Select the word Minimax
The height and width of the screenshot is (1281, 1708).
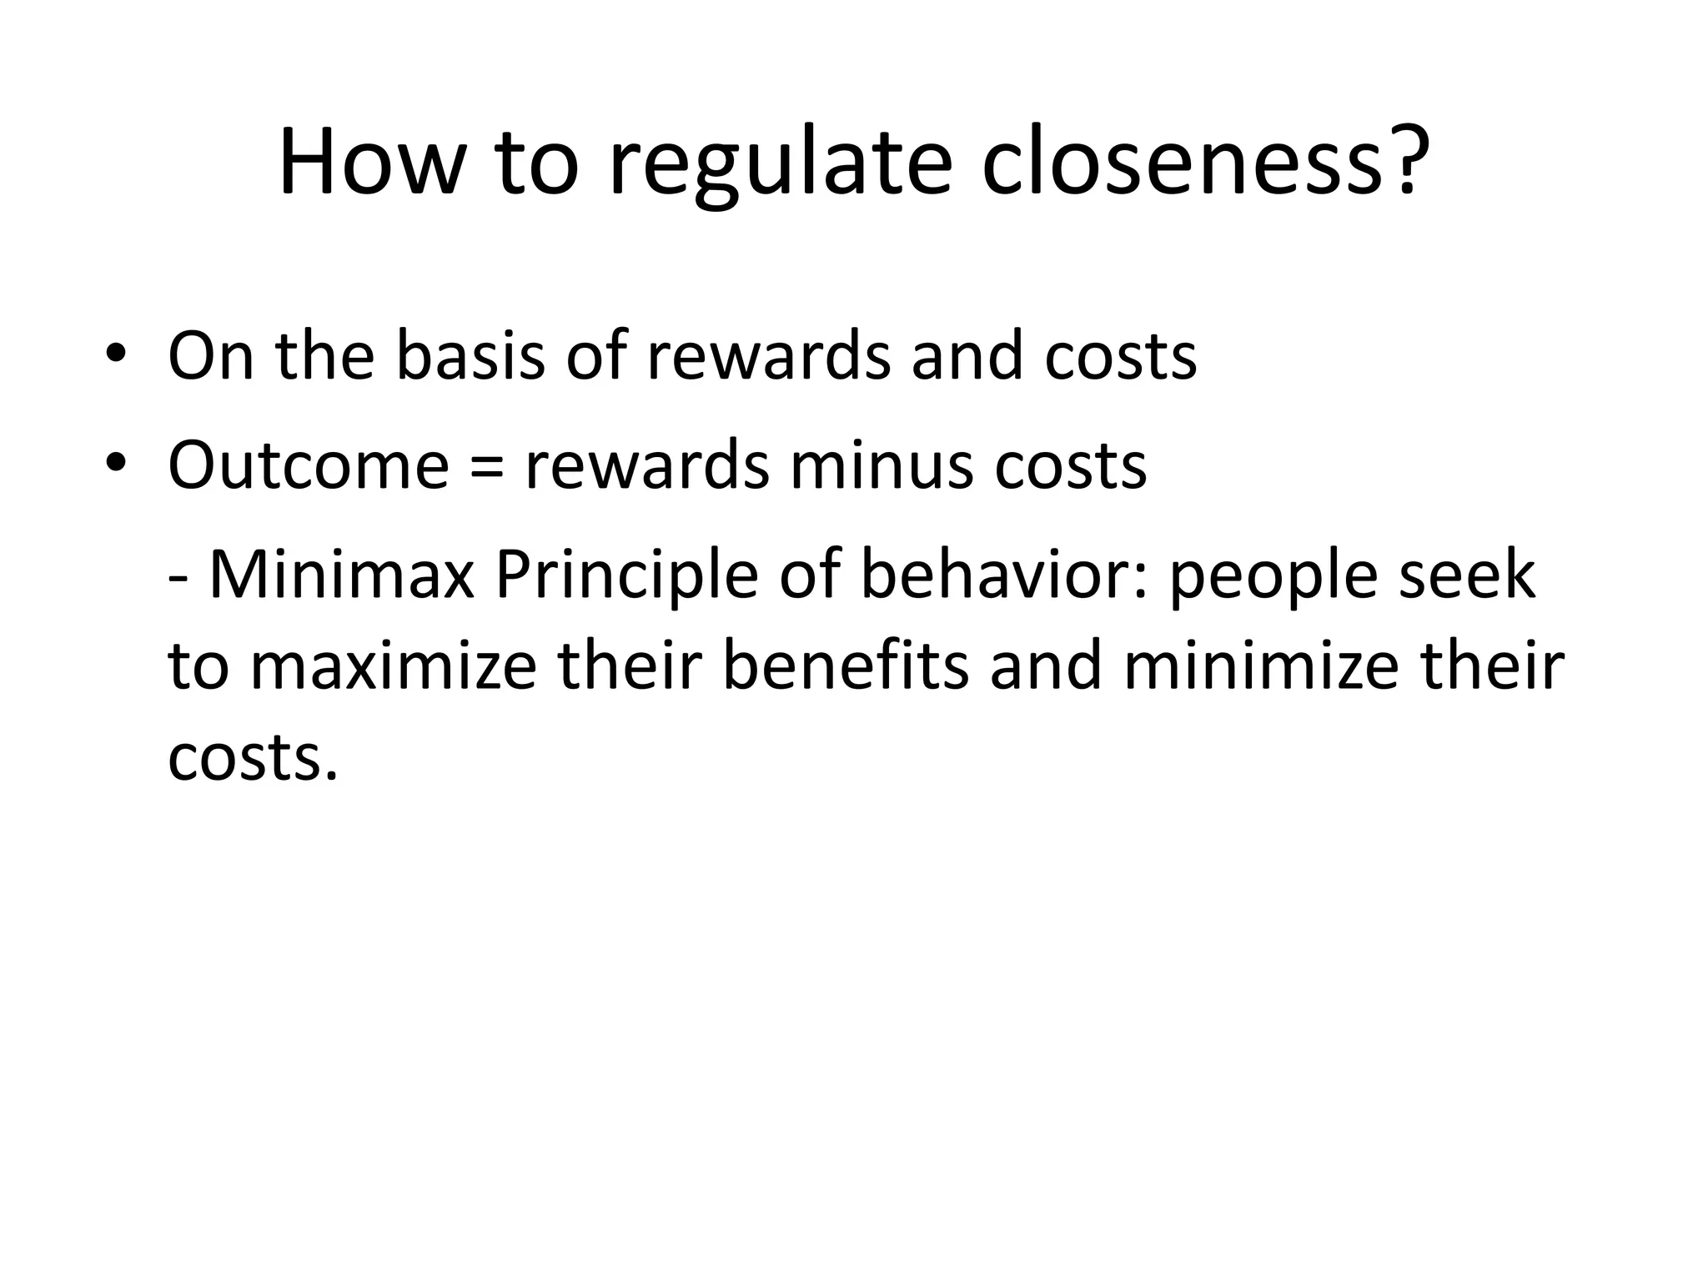tap(341, 575)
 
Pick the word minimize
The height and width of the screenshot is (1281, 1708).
tap(1259, 666)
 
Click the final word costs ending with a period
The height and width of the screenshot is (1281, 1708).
tap(253, 758)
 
